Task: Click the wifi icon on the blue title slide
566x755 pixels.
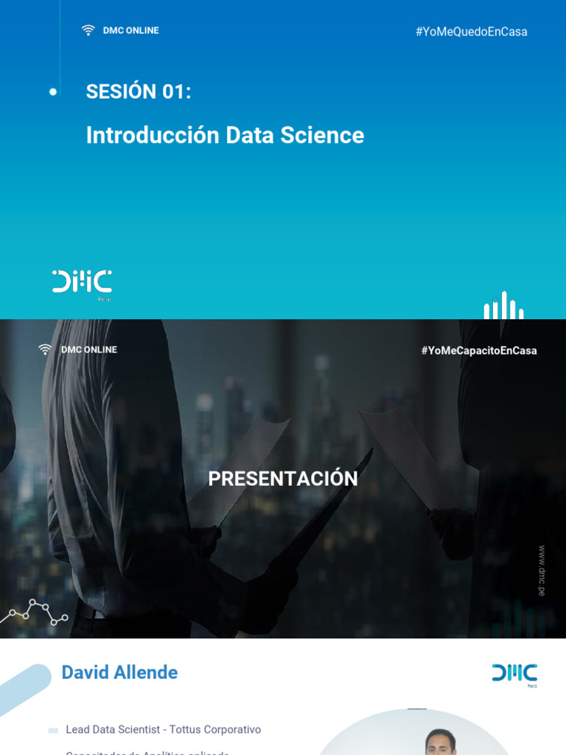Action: click(88, 30)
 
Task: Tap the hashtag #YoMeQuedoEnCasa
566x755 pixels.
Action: click(471, 32)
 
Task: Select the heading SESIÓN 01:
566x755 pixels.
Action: click(139, 91)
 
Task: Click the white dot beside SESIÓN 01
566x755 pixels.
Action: click(53, 92)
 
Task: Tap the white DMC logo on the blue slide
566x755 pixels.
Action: click(82, 282)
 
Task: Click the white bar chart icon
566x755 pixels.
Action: click(504, 306)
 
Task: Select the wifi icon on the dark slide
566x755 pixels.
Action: click(46, 349)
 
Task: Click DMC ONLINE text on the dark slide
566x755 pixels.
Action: click(89, 349)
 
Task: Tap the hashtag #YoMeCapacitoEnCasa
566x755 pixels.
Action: click(479, 351)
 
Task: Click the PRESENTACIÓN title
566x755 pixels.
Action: click(283, 479)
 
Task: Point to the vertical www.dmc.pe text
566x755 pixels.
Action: click(542, 571)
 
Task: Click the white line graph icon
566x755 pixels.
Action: click(33, 612)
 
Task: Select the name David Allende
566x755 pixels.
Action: click(119, 672)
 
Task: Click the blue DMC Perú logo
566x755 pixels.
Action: click(514, 674)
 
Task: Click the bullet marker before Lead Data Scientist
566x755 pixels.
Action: click(53, 731)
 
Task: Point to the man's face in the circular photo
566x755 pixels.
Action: click(440, 742)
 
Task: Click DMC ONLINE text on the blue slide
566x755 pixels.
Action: click(130, 30)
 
